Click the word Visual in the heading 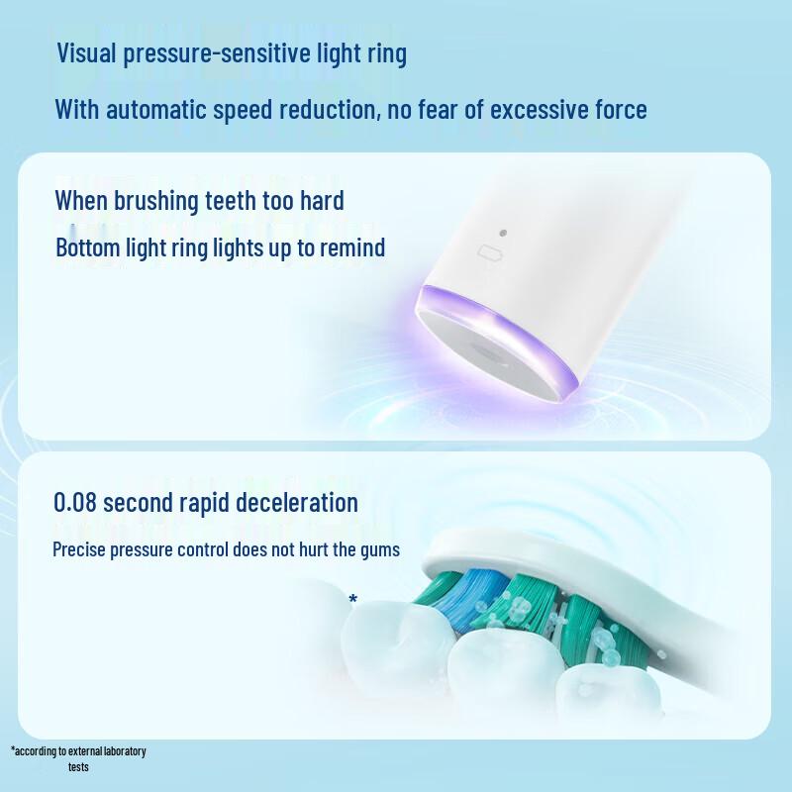pos(87,52)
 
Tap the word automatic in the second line pos(155,108)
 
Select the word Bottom pos(87,247)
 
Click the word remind pos(353,247)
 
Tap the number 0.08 pos(75,502)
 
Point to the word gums pos(379,548)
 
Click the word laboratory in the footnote pos(119,750)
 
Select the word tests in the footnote pos(79,766)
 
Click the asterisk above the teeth pos(353,599)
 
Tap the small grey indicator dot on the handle pos(504,234)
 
